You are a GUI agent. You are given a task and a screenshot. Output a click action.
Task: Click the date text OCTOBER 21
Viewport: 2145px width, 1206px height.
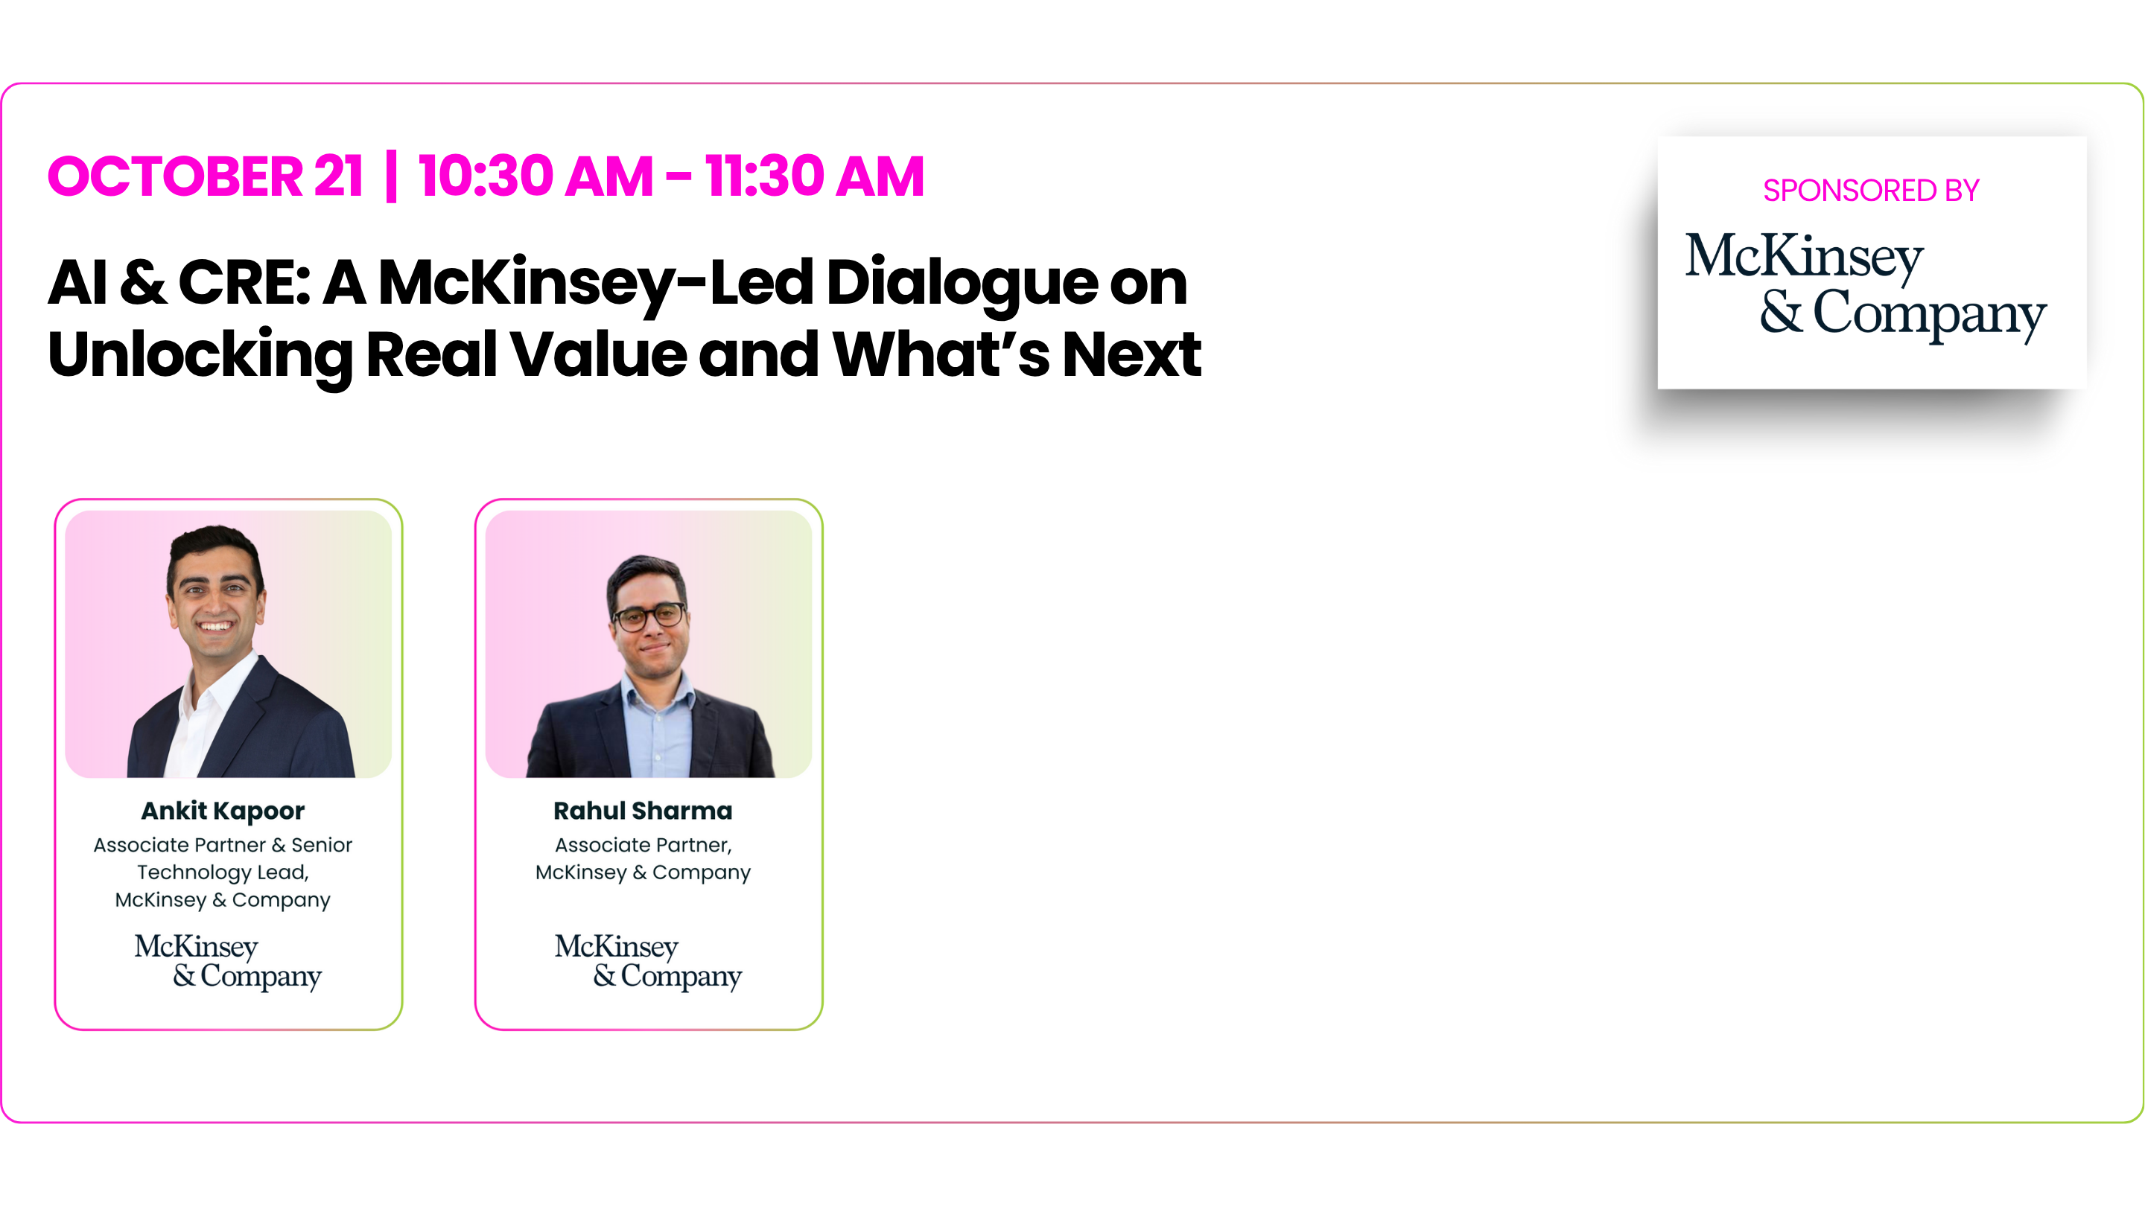(206, 176)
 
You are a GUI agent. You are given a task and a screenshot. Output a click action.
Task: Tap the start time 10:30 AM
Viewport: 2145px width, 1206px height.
(536, 176)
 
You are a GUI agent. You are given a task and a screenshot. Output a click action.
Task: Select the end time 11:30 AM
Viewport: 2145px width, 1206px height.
(814, 176)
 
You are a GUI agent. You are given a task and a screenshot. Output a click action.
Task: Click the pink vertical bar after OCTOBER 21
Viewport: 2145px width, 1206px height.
(391, 176)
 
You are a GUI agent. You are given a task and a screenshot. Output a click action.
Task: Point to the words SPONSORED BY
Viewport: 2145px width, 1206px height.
(1871, 191)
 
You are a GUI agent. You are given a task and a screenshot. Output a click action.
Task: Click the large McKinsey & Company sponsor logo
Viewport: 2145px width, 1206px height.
(1865, 285)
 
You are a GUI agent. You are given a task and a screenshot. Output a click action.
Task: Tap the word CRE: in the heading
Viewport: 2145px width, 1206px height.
(244, 282)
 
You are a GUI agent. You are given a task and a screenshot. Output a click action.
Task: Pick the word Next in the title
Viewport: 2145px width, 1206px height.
(1131, 354)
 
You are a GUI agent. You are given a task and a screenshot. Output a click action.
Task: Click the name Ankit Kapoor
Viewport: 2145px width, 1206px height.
(223, 811)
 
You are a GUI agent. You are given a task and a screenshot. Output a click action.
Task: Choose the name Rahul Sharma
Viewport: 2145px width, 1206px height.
(643, 810)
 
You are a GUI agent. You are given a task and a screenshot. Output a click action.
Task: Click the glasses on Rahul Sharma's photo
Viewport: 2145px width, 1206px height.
(650, 616)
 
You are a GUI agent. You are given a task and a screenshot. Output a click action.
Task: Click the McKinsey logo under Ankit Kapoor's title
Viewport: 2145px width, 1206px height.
(227, 961)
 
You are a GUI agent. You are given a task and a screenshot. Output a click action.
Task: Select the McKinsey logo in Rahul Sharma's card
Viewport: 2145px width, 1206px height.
(648, 961)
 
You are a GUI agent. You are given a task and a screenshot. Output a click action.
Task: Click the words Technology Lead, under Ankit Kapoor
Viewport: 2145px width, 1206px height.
(223, 872)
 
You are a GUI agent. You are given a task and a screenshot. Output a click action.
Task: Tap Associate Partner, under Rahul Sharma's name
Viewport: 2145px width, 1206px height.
(643, 845)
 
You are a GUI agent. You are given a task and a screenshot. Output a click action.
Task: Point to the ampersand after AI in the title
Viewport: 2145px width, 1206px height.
(142, 282)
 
